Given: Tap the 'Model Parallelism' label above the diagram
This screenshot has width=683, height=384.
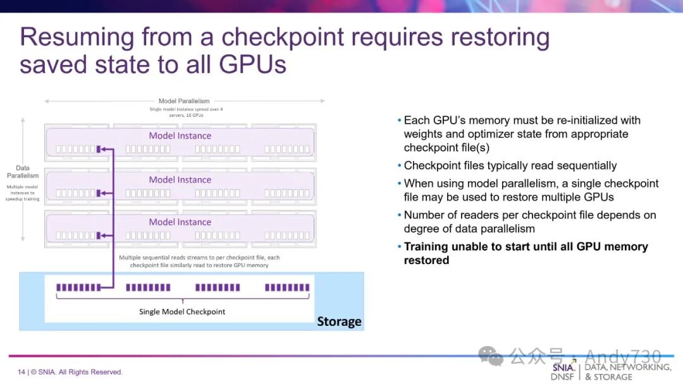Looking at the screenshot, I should tap(184, 100).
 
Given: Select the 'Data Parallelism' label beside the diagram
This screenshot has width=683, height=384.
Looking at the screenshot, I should tap(23, 172).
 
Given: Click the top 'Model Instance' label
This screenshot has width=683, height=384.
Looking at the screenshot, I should tap(180, 136).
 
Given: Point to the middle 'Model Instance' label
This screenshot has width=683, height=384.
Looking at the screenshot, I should tap(180, 180).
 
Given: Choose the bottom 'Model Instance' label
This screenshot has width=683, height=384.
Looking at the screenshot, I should tap(180, 222).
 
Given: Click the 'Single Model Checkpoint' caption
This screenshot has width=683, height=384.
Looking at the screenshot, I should tap(182, 311).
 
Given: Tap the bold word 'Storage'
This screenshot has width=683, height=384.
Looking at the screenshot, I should tap(339, 321).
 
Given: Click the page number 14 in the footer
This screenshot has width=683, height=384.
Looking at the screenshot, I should tap(22, 372).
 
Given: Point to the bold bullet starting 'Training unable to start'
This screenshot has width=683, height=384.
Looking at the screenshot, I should tap(526, 253).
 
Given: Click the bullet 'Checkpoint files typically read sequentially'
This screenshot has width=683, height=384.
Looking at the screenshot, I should tap(510, 165).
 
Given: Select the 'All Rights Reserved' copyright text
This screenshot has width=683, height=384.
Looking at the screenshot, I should tap(90, 372).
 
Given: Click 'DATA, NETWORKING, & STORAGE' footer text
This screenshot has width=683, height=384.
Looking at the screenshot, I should tap(627, 371).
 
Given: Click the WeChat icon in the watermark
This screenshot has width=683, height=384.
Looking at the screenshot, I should tap(491, 356).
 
